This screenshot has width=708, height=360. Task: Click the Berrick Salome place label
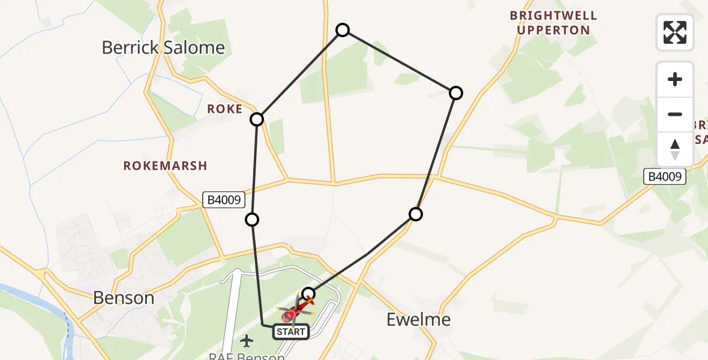163,48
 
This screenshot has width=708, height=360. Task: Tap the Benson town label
124,298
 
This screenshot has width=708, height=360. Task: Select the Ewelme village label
418,319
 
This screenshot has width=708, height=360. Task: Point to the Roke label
225,109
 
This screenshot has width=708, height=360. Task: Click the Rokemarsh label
165,166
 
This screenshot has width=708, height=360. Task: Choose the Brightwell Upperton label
553,23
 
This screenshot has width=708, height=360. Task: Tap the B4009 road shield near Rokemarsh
223,200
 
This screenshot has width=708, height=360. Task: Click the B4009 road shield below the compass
665,176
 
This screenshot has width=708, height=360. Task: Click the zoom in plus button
675,79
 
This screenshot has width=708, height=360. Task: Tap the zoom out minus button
675,114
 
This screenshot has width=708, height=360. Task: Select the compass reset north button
675,149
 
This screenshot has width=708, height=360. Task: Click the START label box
292,331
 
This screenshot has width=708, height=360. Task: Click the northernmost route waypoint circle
343,30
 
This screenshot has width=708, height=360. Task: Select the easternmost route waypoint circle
456,92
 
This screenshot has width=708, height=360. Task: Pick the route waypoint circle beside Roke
257,119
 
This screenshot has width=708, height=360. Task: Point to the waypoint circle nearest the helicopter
308,293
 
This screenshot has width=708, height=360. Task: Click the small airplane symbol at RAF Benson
246,341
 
